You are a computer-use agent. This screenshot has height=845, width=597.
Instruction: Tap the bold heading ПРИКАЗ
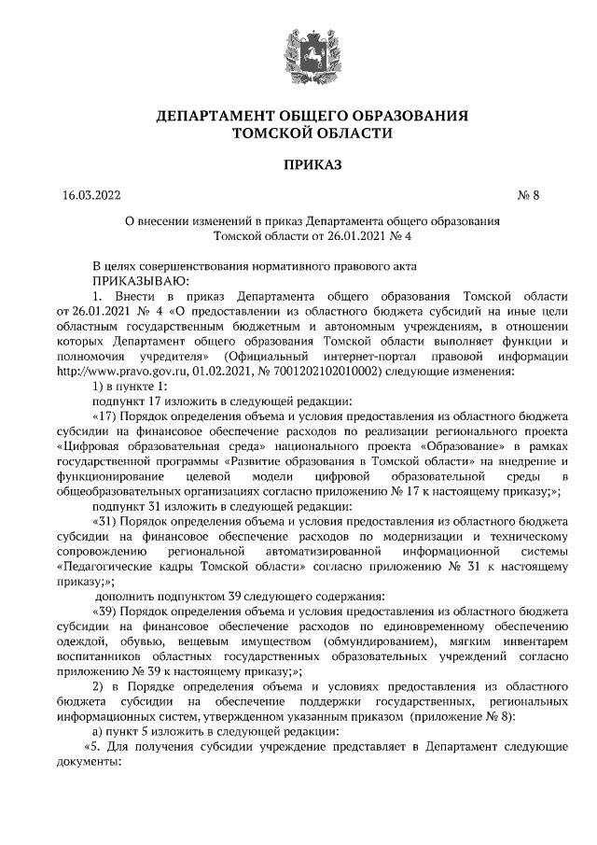click(x=298, y=165)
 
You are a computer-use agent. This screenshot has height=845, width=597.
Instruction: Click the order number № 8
click(x=528, y=196)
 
